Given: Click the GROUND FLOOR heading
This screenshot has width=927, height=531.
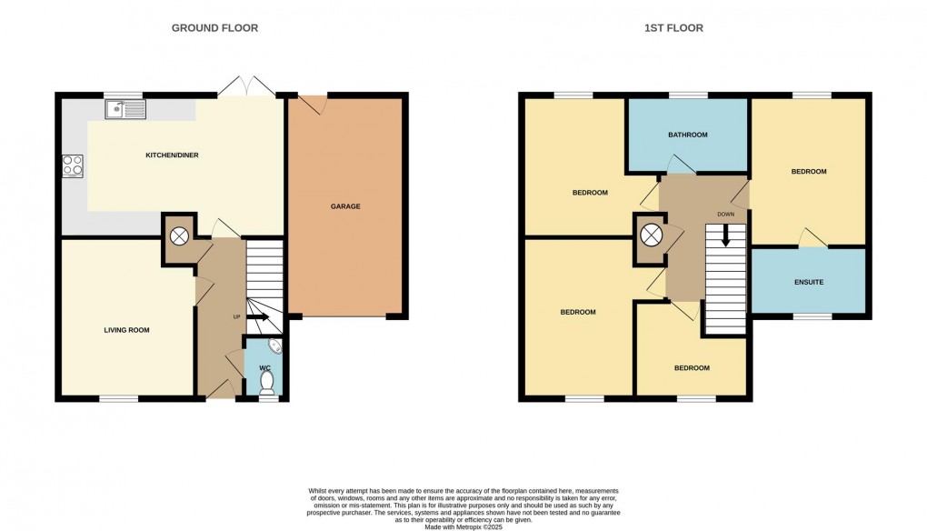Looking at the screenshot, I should pyautogui.click(x=214, y=28).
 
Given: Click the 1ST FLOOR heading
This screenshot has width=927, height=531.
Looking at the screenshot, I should pyautogui.click(x=673, y=28).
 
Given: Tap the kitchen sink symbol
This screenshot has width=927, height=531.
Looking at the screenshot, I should pyautogui.click(x=125, y=110).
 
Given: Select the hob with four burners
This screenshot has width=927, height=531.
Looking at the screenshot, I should pyautogui.click(x=73, y=166).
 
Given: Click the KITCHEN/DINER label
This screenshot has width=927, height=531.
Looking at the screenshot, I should pyautogui.click(x=172, y=155).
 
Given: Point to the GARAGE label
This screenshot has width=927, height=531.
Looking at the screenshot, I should pyautogui.click(x=344, y=206).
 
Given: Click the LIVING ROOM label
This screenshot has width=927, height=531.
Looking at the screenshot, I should pyautogui.click(x=126, y=330).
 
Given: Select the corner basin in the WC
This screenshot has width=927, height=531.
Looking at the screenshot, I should pyautogui.click(x=275, y=347).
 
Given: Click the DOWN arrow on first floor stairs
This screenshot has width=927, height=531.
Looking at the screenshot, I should pyautogui.click(x=725, y=235).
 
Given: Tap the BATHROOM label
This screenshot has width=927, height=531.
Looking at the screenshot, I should pyautogui.click(x=687, y=135).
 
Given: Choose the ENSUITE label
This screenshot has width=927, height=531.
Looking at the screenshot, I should pyautogui.click(x=808, y=283).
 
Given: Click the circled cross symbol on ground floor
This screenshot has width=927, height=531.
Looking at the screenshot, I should pyautogui.click(x=180, y=235).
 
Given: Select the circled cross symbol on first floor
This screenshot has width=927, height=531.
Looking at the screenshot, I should pyautogui.click(x=651, y=235).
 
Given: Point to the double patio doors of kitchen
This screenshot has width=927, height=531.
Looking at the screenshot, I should pyautogui.click(x=246, y=87).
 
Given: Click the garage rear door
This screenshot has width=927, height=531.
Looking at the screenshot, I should pyautogui.click(x=314, y=103).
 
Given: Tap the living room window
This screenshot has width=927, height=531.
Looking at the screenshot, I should pyautogui.click(x=119, y=398).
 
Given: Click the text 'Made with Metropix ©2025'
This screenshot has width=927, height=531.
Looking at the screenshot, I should pyautogui.click(x=463, y=520).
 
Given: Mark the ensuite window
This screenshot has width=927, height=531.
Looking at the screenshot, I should pyautogui.click(x=812, y=316).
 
